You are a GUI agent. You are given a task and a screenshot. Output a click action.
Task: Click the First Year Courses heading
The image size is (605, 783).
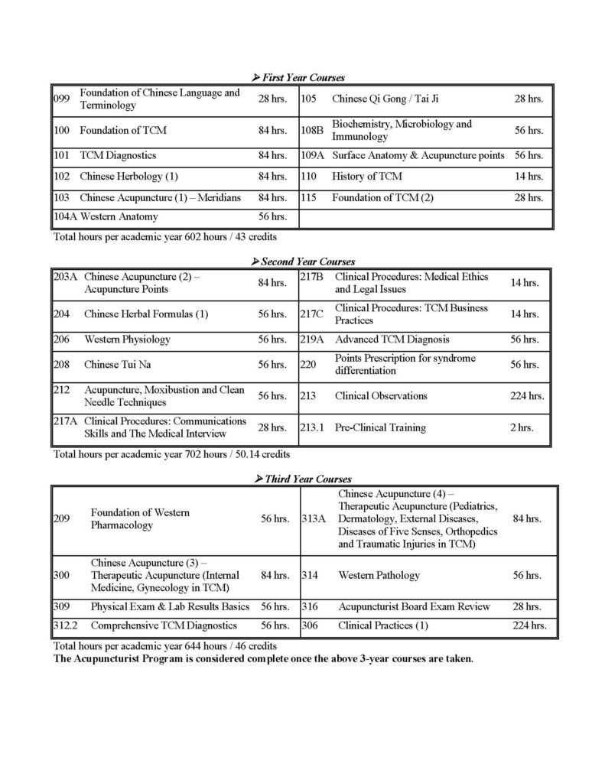pos(303,78)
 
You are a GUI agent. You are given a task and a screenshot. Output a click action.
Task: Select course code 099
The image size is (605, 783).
pos(61,99)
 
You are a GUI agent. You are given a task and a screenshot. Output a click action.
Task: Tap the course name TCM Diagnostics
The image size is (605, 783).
pos(118,156)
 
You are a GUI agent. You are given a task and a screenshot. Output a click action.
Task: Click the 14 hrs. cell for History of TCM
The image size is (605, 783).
pos(529,177)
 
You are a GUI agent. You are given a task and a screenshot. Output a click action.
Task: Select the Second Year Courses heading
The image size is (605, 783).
pos(303,262)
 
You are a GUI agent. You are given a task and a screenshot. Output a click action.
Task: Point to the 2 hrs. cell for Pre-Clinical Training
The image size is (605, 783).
pos(522,428)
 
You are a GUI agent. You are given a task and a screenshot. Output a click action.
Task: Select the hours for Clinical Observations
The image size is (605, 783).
pos(527,396)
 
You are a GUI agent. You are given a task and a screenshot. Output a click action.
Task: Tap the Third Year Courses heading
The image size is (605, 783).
pos(303,479)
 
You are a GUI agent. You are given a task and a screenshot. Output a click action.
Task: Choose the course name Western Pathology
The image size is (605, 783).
pos(379,575)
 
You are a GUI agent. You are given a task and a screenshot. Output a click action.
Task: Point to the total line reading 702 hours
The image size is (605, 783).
pos(171,453)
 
